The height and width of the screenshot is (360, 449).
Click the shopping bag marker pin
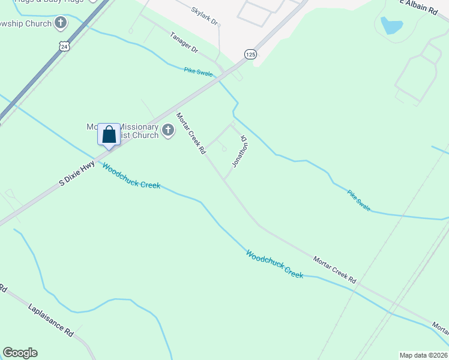coord(109,134)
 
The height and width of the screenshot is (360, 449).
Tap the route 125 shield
coord(250,55)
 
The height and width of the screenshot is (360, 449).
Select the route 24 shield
coord(64,46)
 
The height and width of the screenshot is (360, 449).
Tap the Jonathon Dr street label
coord(240,151)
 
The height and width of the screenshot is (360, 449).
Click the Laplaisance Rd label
coord(50,319)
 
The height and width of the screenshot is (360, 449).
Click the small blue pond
coord(391,25)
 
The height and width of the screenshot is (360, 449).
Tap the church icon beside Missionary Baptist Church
coord(168,130)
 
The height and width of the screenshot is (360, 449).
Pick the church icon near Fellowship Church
coord(60,23)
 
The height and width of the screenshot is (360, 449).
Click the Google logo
coord(20,353)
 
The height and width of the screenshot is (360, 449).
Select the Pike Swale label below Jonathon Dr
coord(359,200)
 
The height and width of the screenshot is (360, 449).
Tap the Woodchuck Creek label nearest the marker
coord(131,176)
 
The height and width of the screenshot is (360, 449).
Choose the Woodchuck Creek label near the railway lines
coord(274,263)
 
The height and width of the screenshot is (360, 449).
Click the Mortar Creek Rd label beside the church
coord(191,133)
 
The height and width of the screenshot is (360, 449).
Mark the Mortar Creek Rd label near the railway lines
coord(334,269)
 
